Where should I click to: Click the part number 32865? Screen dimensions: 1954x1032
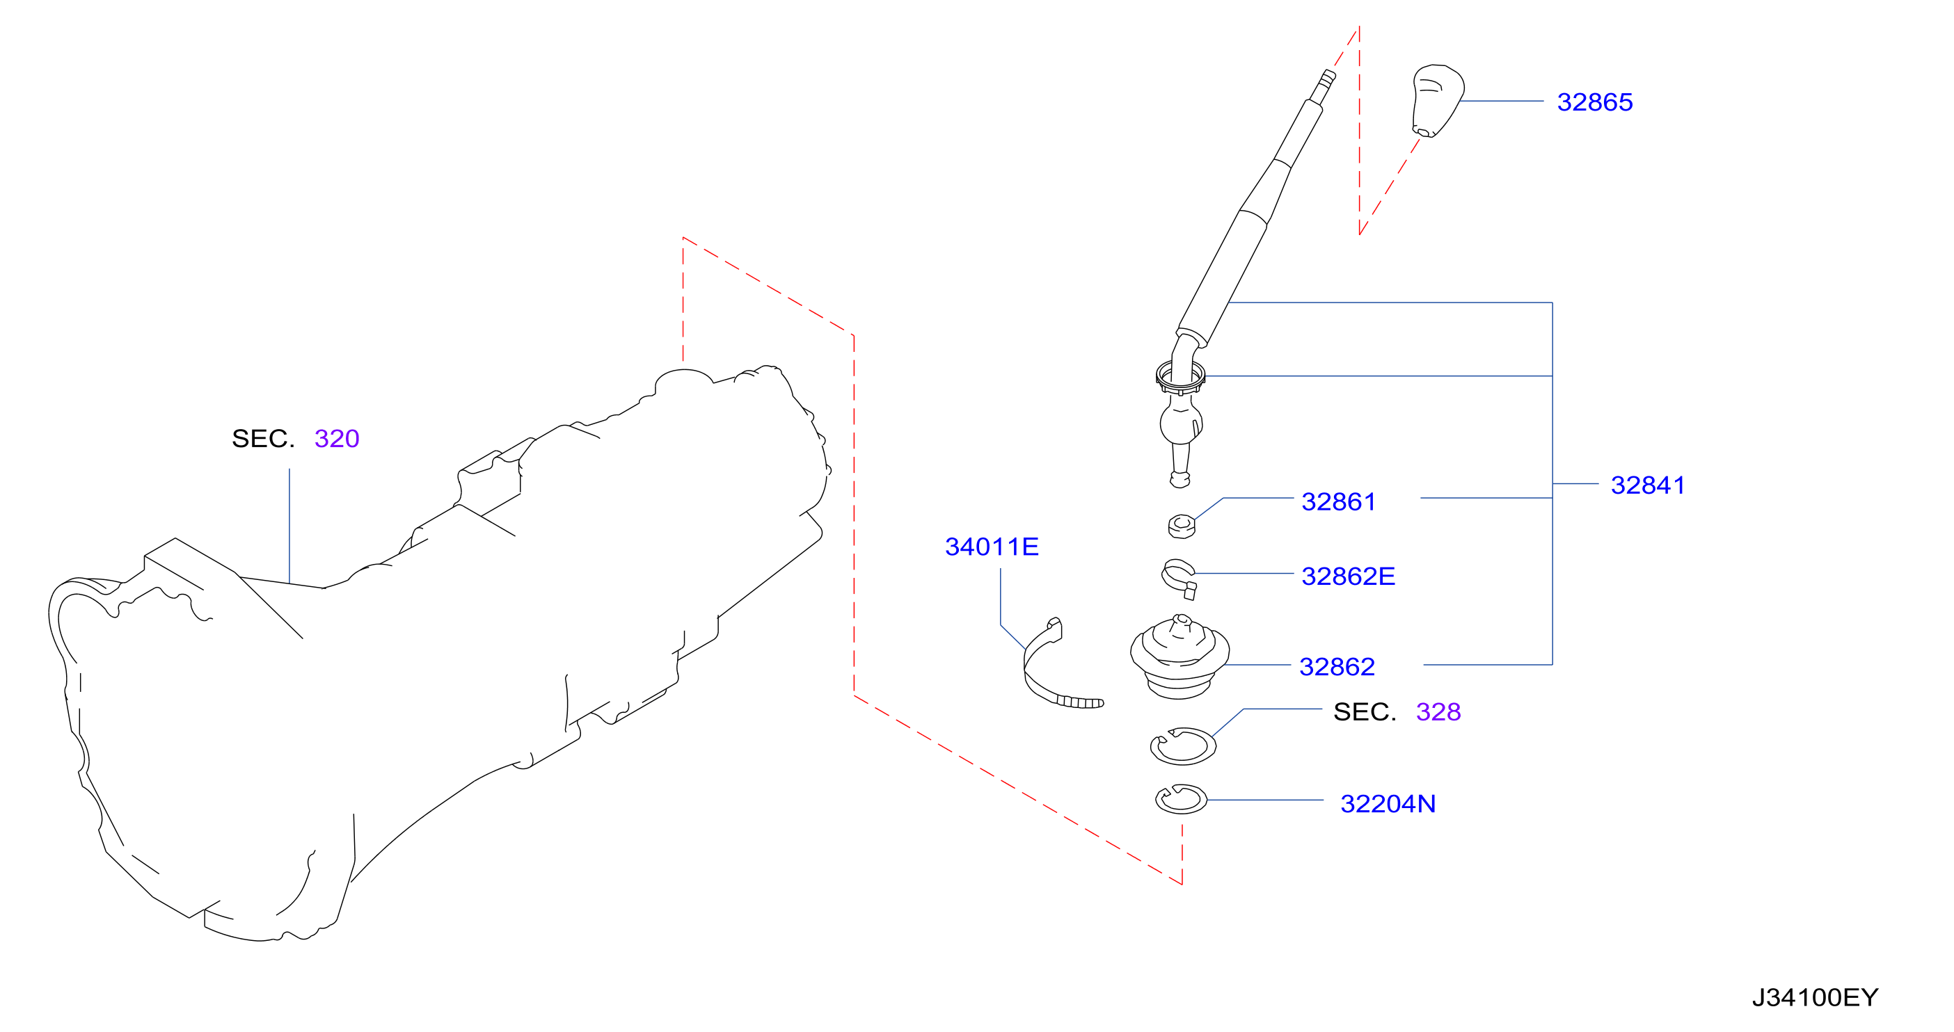1594,102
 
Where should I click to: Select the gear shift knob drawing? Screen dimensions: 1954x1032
1437,101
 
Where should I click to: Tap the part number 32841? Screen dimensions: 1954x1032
1648,485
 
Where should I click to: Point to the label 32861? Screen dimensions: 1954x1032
1338,501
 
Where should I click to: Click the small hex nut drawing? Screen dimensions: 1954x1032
1181,526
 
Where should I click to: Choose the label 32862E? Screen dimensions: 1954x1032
1348,577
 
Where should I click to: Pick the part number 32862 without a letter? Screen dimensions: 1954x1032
1337,666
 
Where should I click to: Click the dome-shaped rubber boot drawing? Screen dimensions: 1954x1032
1179,656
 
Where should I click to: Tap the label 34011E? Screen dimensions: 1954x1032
992,547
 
